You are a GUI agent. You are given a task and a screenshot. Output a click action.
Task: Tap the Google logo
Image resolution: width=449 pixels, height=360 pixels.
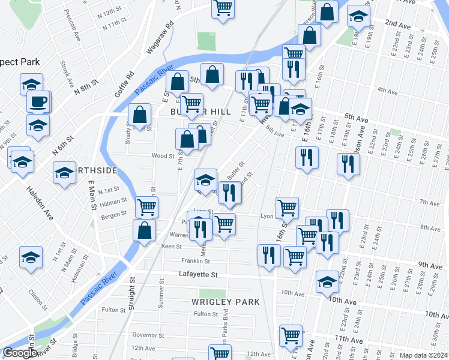[x=20, y=353]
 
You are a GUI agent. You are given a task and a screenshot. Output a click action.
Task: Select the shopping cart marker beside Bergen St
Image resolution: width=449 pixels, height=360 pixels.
[x=146, y=207]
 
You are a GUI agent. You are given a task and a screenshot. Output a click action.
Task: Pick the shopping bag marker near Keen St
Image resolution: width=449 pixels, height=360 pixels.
[x=145, y=230]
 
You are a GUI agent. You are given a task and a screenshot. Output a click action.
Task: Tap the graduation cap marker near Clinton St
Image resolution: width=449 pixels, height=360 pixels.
[x=31, y=257]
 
